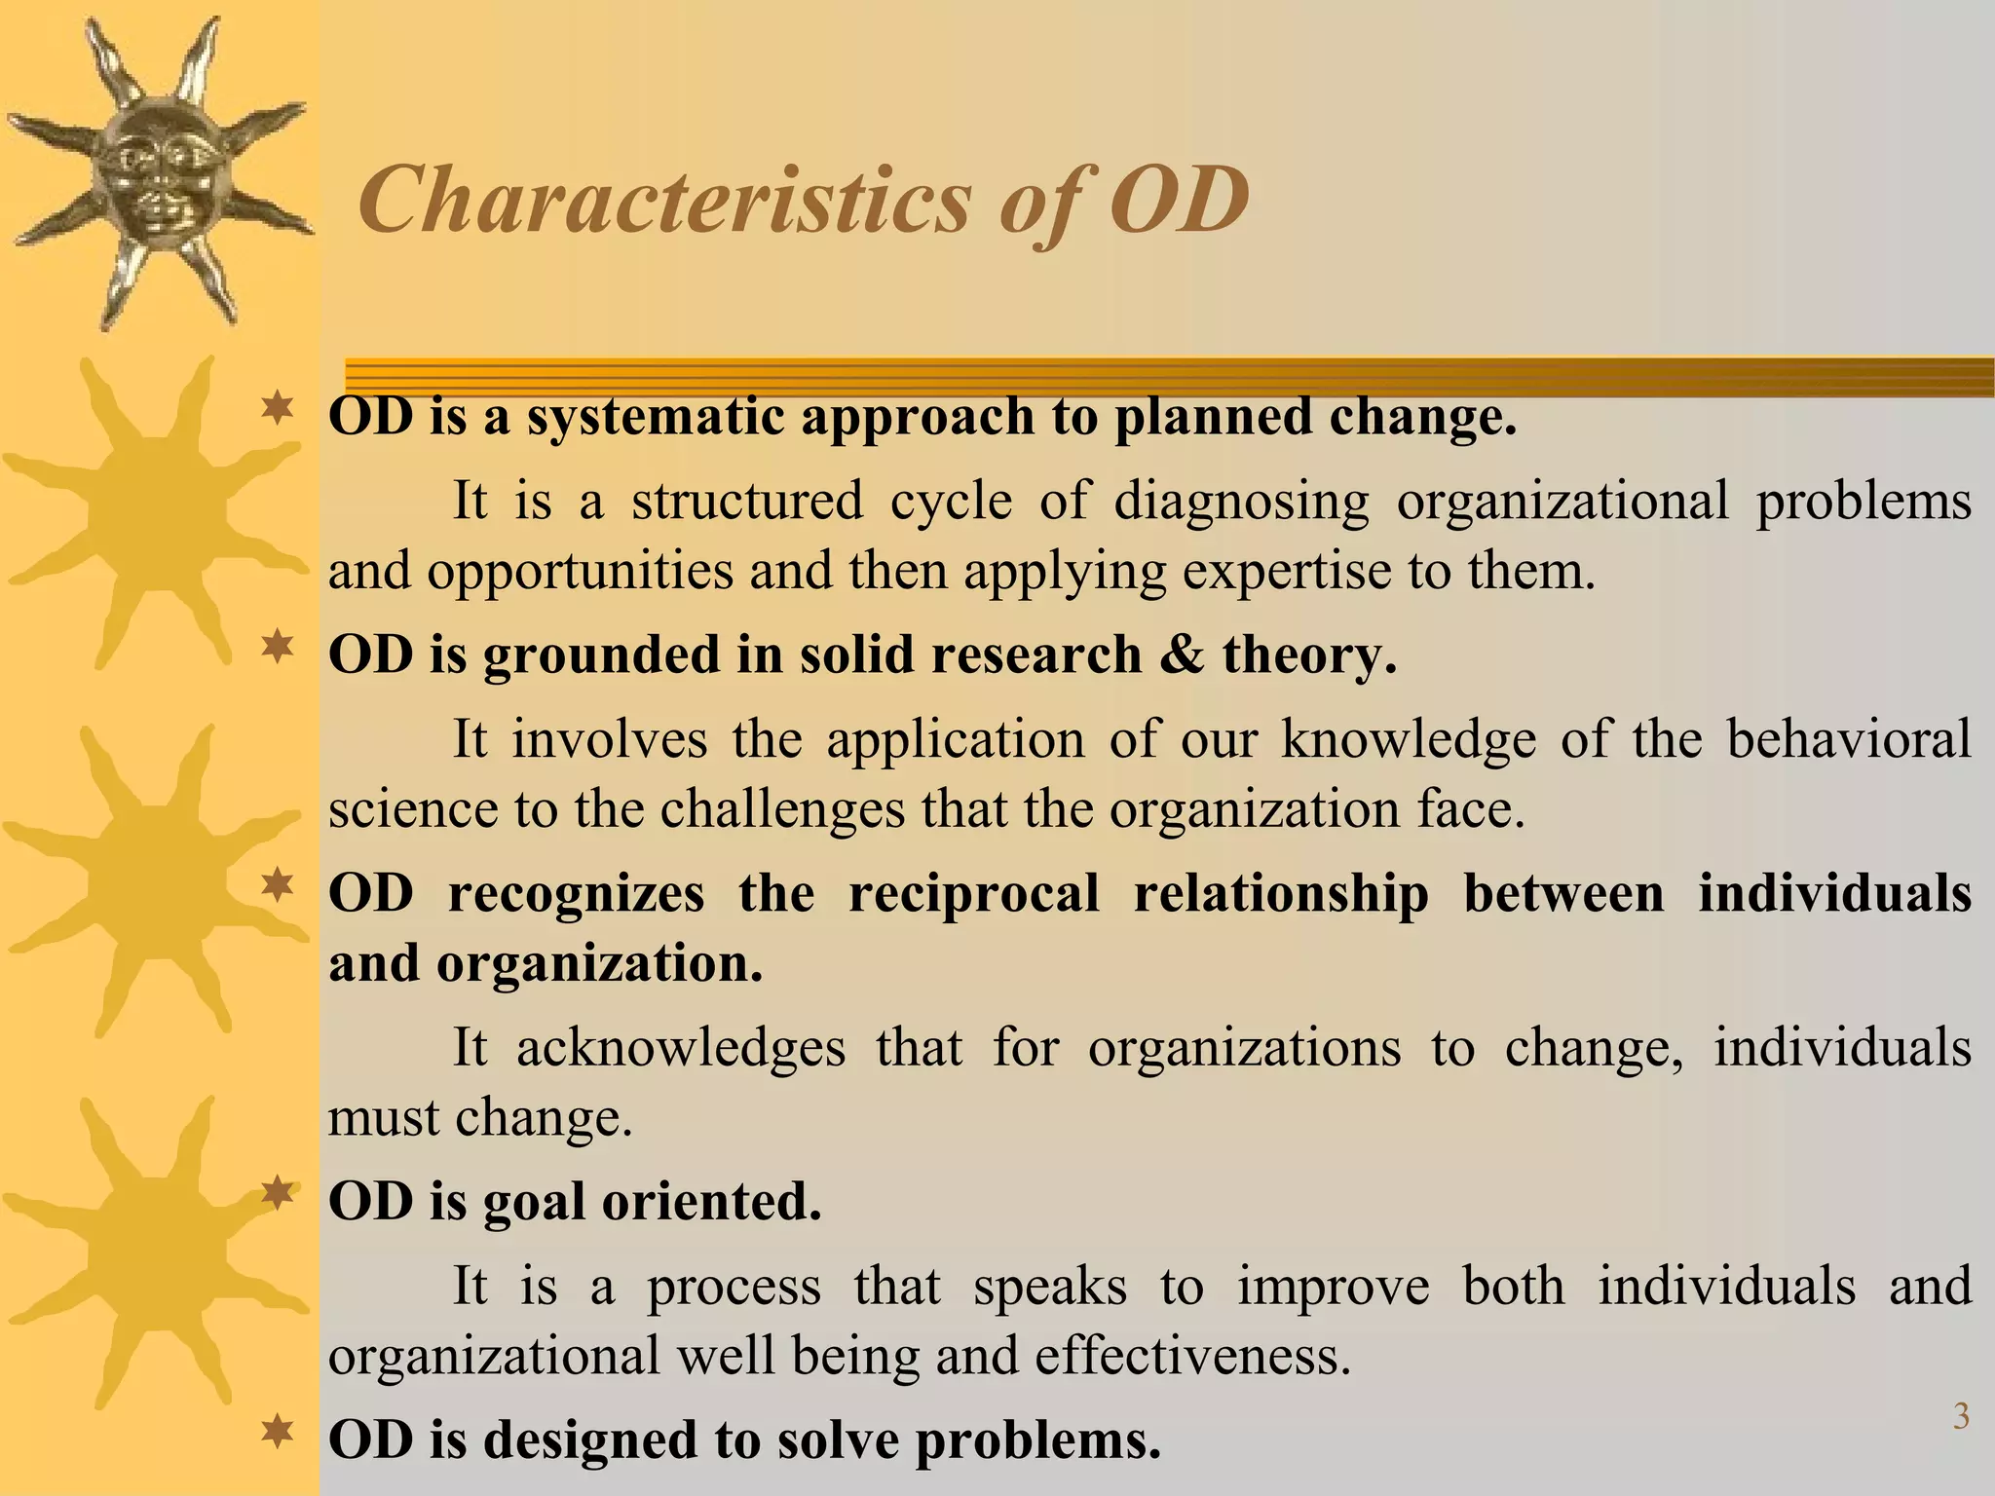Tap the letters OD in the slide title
point(1180,202)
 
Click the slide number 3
point(1961,1416)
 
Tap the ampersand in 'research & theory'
point(1182,654)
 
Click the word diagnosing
point(1241,501)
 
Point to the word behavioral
point(1848,738)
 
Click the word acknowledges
point(680,1048)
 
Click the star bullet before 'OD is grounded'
point(278,645)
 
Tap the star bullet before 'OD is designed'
point(278,1431)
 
